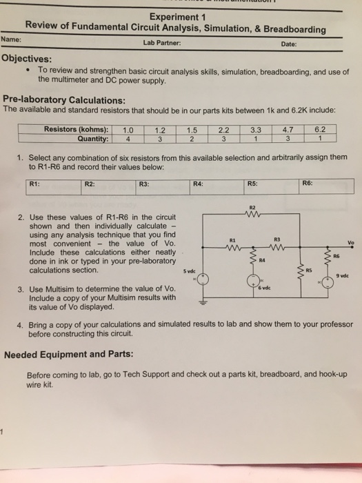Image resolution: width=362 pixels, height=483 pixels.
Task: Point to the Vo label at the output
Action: [x=351, y=242]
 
